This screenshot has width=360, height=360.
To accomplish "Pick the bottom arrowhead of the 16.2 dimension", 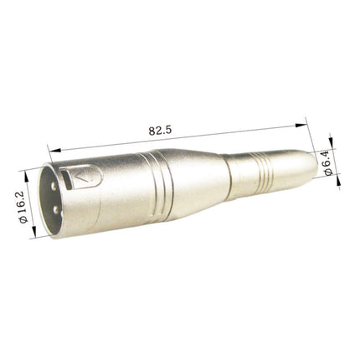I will pyautogui.click(x=34, y=235).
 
